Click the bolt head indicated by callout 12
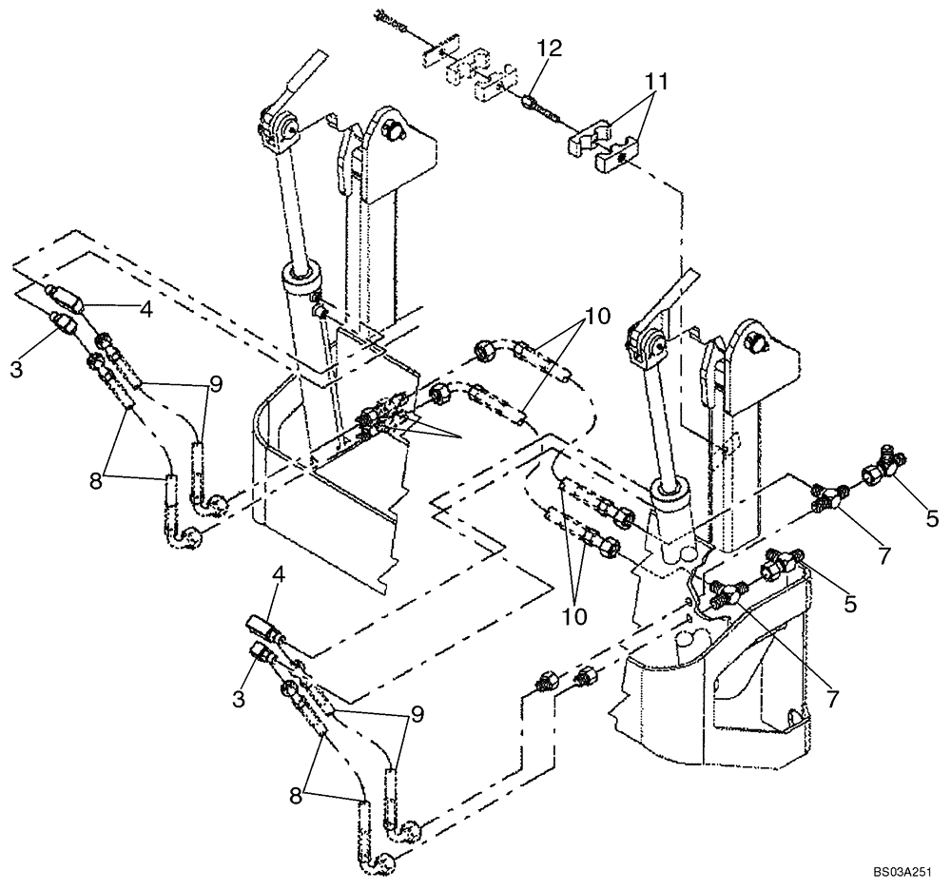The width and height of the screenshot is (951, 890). tap(530, 99)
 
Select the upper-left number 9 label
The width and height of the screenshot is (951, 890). tap(218, 385)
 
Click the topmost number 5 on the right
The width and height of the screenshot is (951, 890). tap(932, 519)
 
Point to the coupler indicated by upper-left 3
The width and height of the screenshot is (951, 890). tap(62, 326)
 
